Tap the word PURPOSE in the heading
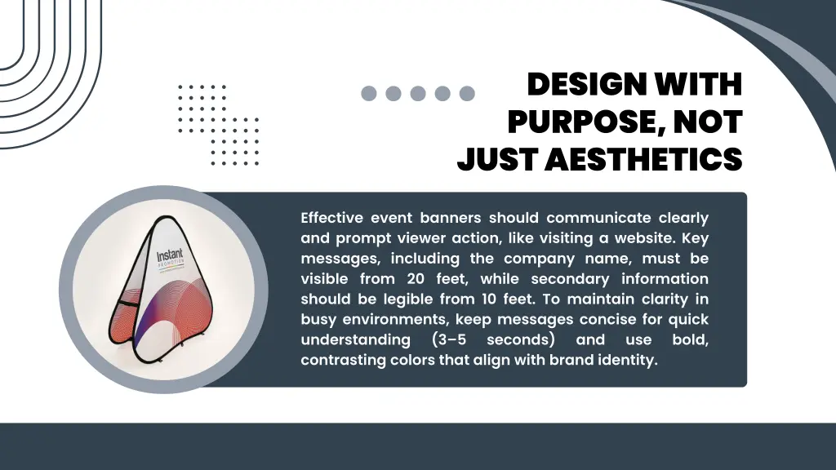click(x=575, y=122)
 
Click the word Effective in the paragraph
click(x=331, y=218)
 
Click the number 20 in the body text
click(x=416, y=279)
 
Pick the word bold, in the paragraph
click(x=690, y=339)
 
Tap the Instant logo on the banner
click(x=171, y=259)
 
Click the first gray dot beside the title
click(x=369, y=94)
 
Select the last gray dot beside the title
click(x=467, y=94)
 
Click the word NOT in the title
click(x=708, y=122)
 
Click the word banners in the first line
click(x=451, y=218)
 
